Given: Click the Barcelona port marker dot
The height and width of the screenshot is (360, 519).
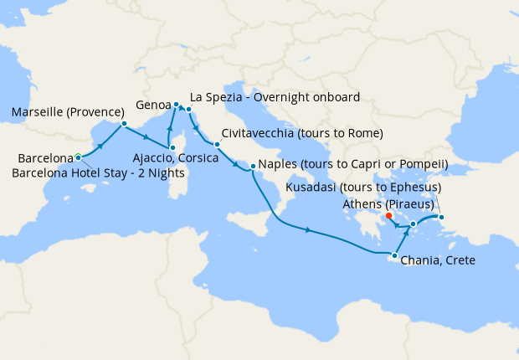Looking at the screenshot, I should (x=78, y=157).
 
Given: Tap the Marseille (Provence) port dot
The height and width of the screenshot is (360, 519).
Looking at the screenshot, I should (x=124, y=125).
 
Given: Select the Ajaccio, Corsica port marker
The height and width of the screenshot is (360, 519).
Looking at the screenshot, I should (x=172, y=148).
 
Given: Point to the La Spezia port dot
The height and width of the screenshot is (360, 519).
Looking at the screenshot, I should (x=189, y=110).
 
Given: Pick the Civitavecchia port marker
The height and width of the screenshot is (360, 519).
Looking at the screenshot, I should (x=216, y=144).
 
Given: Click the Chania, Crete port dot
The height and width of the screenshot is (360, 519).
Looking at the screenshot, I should (x=393, y=255).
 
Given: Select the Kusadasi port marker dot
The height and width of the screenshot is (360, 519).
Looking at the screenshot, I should (x=442, y=219).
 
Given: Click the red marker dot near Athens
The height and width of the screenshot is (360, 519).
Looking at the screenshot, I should (x=389, y=216).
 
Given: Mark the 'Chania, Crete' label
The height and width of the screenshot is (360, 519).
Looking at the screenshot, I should (x=438, y=261).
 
